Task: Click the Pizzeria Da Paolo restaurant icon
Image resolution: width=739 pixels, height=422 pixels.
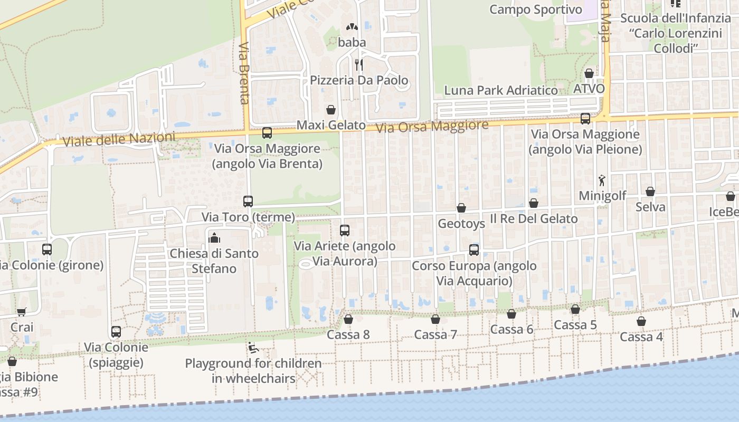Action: coord(359,65)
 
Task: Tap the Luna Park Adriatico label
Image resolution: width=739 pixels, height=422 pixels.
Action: coord(500,90)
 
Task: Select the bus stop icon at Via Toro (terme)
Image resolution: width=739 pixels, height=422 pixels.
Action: coord(248,201)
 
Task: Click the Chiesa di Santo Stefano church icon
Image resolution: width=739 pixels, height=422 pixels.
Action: coord(214,238)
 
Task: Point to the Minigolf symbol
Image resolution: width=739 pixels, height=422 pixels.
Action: coord(602,180)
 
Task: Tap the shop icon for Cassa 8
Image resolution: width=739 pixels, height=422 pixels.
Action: coord(348,319)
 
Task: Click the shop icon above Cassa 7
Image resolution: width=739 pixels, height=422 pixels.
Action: coord(435,319)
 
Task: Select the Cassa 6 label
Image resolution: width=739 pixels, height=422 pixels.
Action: coord(511,330)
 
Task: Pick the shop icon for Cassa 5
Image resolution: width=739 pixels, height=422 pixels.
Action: coord(575,309)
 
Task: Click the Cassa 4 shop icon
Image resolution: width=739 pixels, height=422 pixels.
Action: coord(641,321)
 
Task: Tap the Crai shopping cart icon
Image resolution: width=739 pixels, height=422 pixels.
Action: coord(21,312)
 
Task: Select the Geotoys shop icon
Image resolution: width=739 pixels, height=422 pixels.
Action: coord(461,208)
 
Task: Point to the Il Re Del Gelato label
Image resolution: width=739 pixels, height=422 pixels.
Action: coord(534,218)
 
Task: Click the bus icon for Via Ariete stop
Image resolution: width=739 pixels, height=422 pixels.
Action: coord(345,231)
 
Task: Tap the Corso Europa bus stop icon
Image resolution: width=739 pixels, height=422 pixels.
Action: coord(474,250)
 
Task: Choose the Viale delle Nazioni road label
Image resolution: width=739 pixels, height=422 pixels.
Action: coord(119,139)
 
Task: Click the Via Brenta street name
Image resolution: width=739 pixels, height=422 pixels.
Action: coord(244,74)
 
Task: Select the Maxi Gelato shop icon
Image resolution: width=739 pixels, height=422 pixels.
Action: coord(331,110)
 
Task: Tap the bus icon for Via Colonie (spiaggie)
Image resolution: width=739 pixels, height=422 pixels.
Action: coord(116,332)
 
